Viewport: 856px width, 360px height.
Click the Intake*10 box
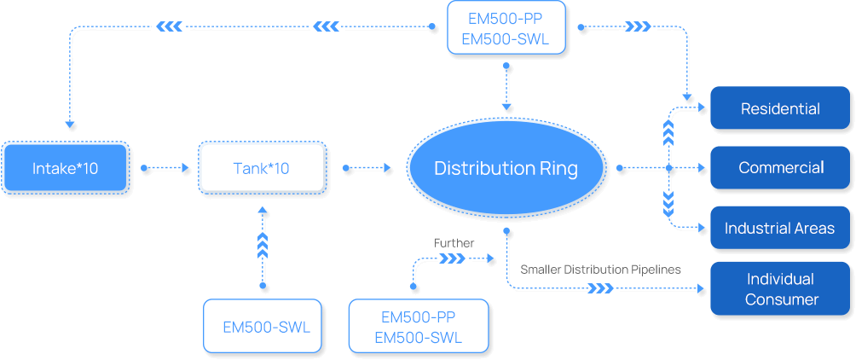tap(65, 168)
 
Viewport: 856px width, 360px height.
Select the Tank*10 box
tap(262, 168)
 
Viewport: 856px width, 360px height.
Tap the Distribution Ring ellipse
tap(506, 168)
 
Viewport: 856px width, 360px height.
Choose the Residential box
tap(779, 108)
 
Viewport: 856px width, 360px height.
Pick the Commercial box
tap(779, 167)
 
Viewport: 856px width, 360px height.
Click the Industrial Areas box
tap(779, 228)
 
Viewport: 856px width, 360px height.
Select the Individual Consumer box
tap(779, 288)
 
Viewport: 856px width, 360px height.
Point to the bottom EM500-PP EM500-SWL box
tap(418, 327)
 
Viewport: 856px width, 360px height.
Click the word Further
tap(454, 243)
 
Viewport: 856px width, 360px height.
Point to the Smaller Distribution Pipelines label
tap(600, 270)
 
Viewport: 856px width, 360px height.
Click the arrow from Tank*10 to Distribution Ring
tap(365, 168)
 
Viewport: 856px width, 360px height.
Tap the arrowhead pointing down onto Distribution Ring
tap(507, 107)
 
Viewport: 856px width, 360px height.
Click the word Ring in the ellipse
tap(558, 168)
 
